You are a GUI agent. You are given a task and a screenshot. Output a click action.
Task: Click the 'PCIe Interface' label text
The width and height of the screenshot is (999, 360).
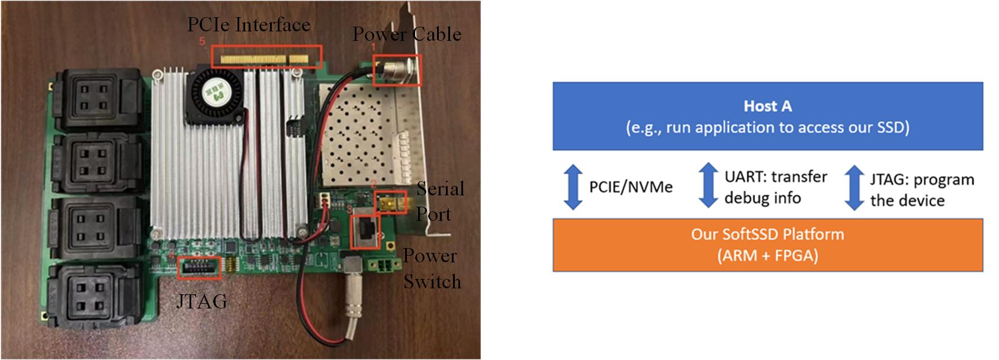pos(248,24)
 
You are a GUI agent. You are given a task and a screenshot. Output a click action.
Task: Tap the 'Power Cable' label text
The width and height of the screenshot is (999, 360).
pos(407,34)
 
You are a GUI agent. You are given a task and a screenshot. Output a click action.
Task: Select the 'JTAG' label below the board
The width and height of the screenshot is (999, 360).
pos(202,301)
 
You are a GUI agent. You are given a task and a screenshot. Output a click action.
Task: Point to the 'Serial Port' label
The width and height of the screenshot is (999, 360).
pos(440,201)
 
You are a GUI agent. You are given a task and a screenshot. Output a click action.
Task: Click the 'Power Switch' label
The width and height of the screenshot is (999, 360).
pos(432,269)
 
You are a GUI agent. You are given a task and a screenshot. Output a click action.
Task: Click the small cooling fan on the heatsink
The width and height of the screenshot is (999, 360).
pos(216,94)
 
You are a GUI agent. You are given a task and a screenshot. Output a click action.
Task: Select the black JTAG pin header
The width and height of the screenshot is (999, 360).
pos(199,268)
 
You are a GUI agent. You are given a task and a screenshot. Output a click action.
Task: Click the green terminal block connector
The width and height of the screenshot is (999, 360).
pos(383,266)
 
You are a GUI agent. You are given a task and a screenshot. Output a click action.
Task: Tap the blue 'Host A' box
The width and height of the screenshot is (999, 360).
pos(768,116)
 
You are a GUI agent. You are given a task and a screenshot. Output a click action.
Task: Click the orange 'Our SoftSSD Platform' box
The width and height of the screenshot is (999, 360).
pos(768,245)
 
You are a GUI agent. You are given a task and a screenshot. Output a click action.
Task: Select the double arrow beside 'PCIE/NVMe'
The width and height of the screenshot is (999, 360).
pos(573,187)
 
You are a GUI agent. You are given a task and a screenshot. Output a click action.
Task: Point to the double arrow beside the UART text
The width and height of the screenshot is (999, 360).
pos(708,185)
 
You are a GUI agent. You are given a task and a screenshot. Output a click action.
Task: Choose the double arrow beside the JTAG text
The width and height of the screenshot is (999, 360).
pos(854,187)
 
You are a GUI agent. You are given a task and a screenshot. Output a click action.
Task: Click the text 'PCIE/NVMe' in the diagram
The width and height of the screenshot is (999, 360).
pos(631,187)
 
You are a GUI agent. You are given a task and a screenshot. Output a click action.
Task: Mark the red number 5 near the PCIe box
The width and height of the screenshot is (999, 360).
pos(202,41)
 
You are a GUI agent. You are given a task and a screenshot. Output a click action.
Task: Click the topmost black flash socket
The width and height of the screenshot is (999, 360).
pos(99,98)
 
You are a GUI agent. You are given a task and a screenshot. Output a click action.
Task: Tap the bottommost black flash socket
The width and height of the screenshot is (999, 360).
pos(96,296)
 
